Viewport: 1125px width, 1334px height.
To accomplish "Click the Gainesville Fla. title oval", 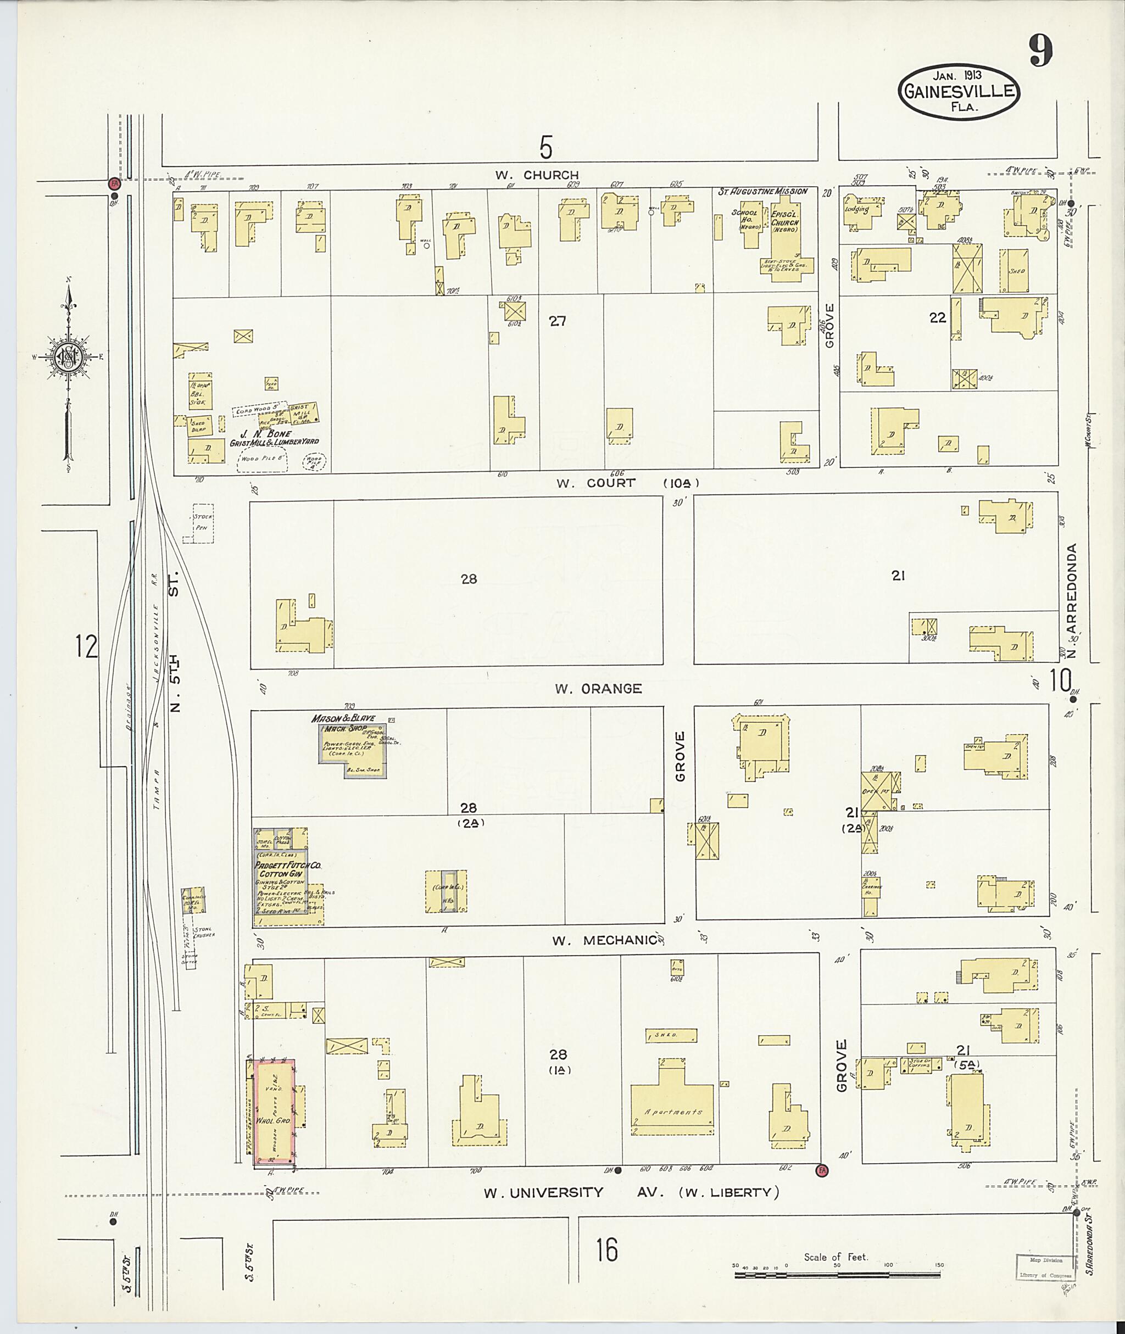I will click(959, 92).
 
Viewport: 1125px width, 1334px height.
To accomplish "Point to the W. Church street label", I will click(537, 175).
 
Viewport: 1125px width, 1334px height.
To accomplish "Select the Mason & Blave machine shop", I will click(352, 747).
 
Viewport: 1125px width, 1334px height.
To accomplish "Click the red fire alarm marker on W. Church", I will click(114, 183).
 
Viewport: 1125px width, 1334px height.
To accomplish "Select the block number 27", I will click(558, 321).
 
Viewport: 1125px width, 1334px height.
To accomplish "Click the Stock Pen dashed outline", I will click(203, 523).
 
